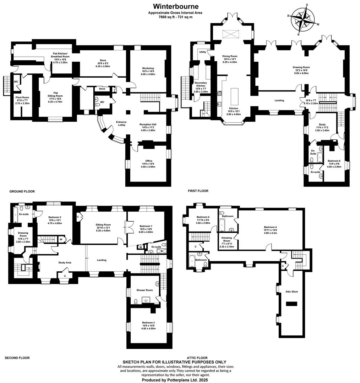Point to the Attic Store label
coord(291,292)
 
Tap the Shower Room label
coord(144,290)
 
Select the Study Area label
coord(65,263)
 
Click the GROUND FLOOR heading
coord(22,191)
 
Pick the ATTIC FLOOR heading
coord(197,358)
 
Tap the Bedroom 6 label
coord(334,161)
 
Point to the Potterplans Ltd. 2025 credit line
coord(174,380)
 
